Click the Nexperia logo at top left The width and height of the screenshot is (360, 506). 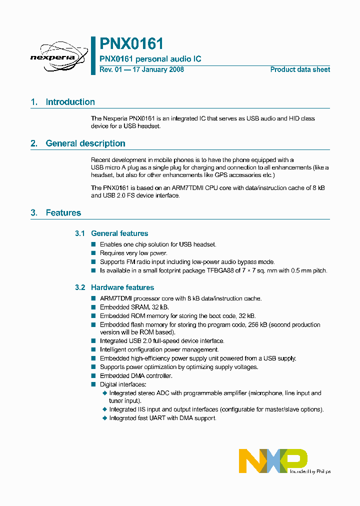point(52,56)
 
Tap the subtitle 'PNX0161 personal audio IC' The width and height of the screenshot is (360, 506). point(150,59)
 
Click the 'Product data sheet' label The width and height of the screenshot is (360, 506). point(300,69)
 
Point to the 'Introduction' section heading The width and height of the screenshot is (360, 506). point(70,102)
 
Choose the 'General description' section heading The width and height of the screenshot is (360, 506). point(85,143)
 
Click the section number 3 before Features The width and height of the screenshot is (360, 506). point(33,213)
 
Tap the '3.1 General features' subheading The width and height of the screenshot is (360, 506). point(111,233)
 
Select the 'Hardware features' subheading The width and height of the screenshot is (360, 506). point(122,287)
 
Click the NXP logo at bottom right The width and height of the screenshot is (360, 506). point(272,460)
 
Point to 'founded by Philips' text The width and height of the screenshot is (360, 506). point(310,471)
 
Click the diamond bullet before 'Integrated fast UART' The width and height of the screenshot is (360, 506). point(104,418)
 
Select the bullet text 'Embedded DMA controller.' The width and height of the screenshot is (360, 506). point(136,375)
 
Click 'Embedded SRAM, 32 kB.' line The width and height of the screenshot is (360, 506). point(134,307)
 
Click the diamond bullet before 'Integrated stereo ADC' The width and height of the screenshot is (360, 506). point(104,393)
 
